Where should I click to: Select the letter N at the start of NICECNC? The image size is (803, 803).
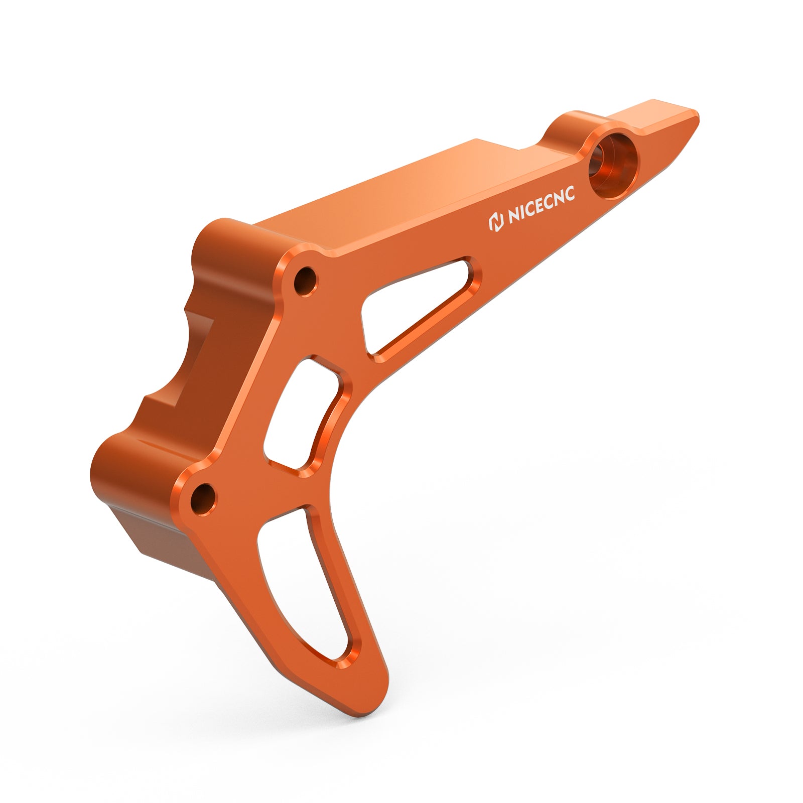(513, 218)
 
